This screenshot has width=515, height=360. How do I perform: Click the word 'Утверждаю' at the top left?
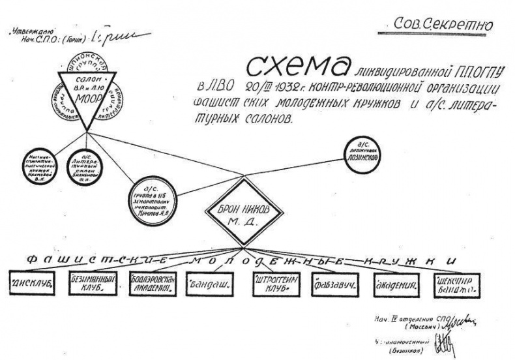pyautogui.click(x=32, y=30)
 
